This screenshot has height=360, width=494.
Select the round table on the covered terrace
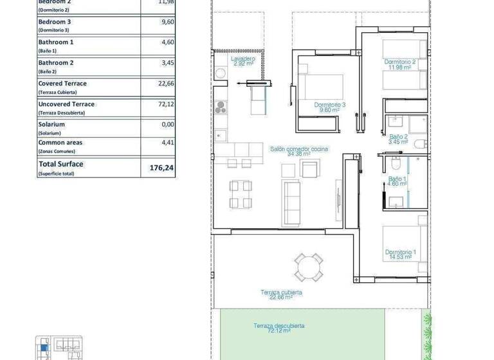[x=308, y=266]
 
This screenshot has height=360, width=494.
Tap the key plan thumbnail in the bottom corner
[x=59, y=348]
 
